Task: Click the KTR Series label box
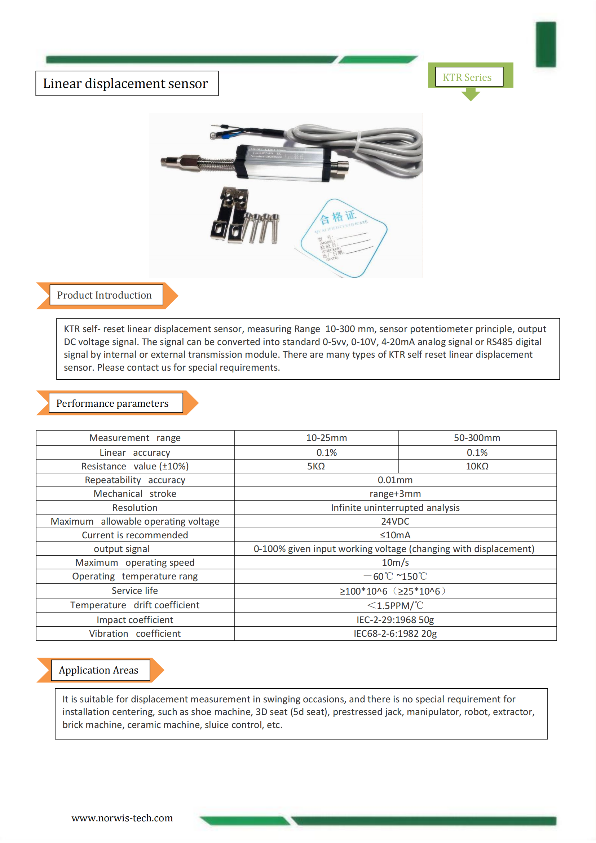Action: pos(469,77)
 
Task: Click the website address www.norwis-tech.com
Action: pos(122,818)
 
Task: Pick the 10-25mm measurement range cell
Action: pos(326,438)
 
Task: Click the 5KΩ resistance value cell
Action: pos(316,466)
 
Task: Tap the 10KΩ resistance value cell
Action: pos(477,466)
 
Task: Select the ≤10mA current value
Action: pos(395,535)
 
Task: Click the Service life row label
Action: pos(134,590)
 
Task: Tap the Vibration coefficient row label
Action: pos(134,634)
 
